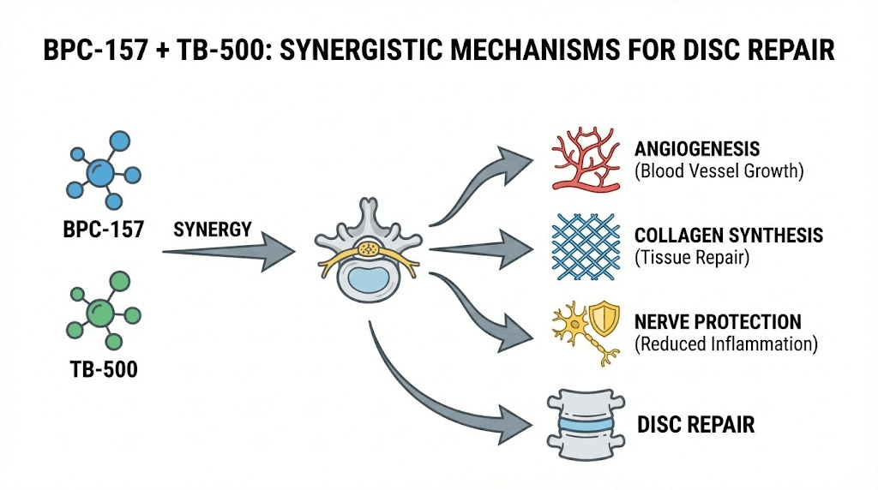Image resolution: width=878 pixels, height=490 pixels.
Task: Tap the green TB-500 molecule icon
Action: click(x=100, y=309)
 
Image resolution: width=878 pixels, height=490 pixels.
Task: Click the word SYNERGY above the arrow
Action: click(x=213, y=230)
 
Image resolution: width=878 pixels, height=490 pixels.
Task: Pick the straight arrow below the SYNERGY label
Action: click(x=228, y=252)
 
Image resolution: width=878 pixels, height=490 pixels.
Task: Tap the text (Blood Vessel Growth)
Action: click(x=719, y=170)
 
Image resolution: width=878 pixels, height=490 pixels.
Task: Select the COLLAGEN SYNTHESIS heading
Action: click(x=729, y=235)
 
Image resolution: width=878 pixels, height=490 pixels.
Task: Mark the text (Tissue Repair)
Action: click(x=691, y=257)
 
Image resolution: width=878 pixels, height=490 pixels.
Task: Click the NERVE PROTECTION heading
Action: click(x=718, y=322)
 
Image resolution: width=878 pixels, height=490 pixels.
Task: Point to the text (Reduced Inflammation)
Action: click(x=725, y=344)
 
